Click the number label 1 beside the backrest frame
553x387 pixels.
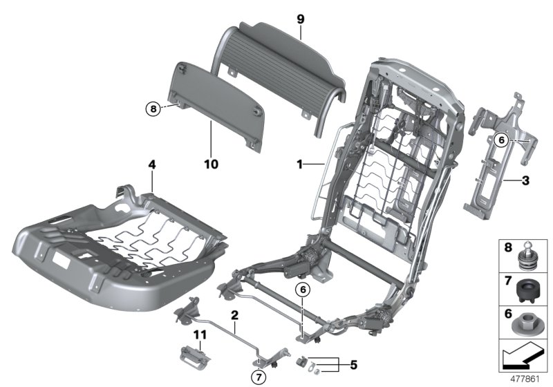(300, 164)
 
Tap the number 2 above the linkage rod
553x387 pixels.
(235, 316)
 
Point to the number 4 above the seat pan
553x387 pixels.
(151, 165)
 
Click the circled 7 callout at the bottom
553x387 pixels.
(258, 377)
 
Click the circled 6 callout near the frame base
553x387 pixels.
(301, 290)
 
